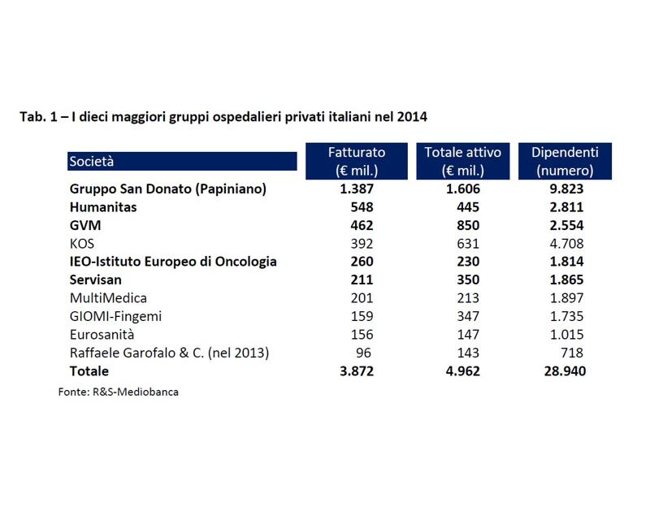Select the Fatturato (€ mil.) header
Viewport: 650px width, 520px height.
click(357, 162)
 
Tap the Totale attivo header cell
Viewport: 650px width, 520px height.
click(462, 162)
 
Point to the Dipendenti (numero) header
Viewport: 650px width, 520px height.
click(565, 162)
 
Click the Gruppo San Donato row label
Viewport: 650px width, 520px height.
click(168, 189)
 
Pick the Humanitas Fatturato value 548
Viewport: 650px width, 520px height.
click(362, 207)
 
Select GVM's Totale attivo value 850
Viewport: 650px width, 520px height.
click(468, 225)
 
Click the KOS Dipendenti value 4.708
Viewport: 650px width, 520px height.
click(566, 244)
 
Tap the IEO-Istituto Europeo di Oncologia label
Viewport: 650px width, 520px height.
click(173, 262)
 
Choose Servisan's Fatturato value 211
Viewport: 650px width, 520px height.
click(362, 279)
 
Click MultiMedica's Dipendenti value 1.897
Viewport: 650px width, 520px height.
click(566, 298)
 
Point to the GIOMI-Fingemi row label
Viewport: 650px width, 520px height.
click(115, 316)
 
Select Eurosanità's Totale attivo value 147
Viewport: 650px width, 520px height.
click(468, 335)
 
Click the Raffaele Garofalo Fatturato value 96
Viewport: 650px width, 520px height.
click(363, 353)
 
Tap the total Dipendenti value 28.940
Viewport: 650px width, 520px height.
click(565, 371)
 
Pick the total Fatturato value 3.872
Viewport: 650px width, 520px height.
click(357, 371)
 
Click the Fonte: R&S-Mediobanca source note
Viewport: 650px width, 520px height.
click(119, 392)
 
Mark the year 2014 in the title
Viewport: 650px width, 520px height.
click(412, 117)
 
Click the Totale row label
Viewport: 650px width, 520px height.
click(89, 371)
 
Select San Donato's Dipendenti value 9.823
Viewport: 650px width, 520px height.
click(566, 188)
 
